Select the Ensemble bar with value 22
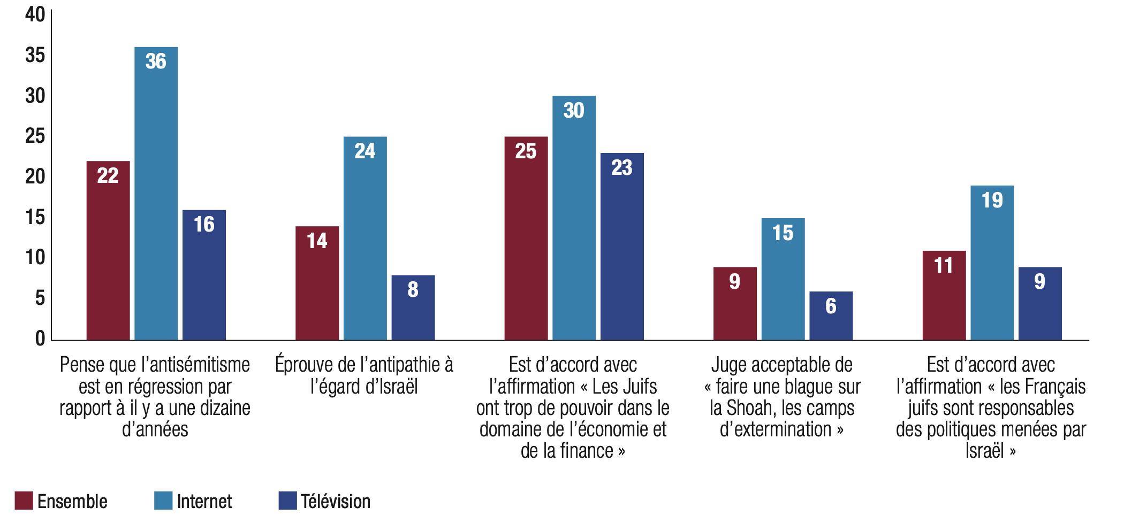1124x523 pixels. click(x=108, y=250)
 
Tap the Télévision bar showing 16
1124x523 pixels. click(x=204, y=274)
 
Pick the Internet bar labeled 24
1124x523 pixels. click(x=365, y=238)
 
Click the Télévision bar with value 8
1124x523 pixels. click(x=413, y=307)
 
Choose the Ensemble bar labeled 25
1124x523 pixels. click(x=526, y=238)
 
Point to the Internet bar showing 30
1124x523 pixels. click(x=574, y=218)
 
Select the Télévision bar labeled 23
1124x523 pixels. click(x=622, y=246)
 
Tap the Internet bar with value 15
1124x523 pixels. click(x=783, y=279)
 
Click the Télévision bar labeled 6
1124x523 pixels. click(x=831, y=316)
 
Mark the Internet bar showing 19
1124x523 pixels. click(x=992, y=263)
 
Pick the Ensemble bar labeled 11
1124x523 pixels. click(x=944, y=295)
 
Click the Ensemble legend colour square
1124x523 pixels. click(x=24, y=501)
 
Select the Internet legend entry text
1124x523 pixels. click(x=204, y=502)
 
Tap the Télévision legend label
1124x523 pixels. click(x=335, y=502)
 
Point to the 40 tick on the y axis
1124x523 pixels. click(x=35, y=14)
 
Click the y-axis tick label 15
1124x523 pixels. click(x=35, y=217)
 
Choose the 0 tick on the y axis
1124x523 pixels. click(x=40, y=339)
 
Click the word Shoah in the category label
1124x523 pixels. click(x=748, y=408)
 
